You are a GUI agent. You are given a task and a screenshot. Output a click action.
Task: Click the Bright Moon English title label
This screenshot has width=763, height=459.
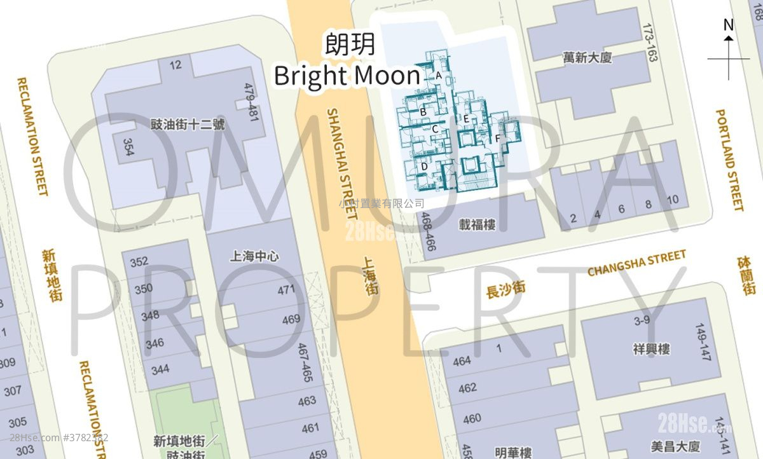347,76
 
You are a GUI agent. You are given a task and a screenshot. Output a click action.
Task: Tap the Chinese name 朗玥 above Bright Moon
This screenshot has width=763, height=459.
350,45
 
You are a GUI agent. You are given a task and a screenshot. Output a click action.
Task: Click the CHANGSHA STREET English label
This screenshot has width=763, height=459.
636,263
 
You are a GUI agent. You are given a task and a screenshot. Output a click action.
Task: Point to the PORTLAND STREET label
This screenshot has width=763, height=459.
729,160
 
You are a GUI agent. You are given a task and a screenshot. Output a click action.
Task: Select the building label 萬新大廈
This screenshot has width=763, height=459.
587,58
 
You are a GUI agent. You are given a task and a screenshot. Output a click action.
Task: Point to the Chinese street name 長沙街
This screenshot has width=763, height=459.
505,290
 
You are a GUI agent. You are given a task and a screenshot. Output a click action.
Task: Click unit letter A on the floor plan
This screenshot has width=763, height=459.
439,75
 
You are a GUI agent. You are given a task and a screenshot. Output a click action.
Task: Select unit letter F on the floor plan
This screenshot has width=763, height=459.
497,138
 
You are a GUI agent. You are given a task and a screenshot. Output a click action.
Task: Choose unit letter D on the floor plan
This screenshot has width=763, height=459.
424,167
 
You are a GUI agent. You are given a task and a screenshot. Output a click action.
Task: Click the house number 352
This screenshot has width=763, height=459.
139,262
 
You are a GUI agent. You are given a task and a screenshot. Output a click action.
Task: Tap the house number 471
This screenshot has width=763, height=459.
287,290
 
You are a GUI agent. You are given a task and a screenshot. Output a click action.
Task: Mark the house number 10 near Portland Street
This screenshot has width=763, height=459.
673,200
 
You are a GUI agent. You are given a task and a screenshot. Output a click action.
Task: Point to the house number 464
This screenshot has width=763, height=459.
462,361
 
